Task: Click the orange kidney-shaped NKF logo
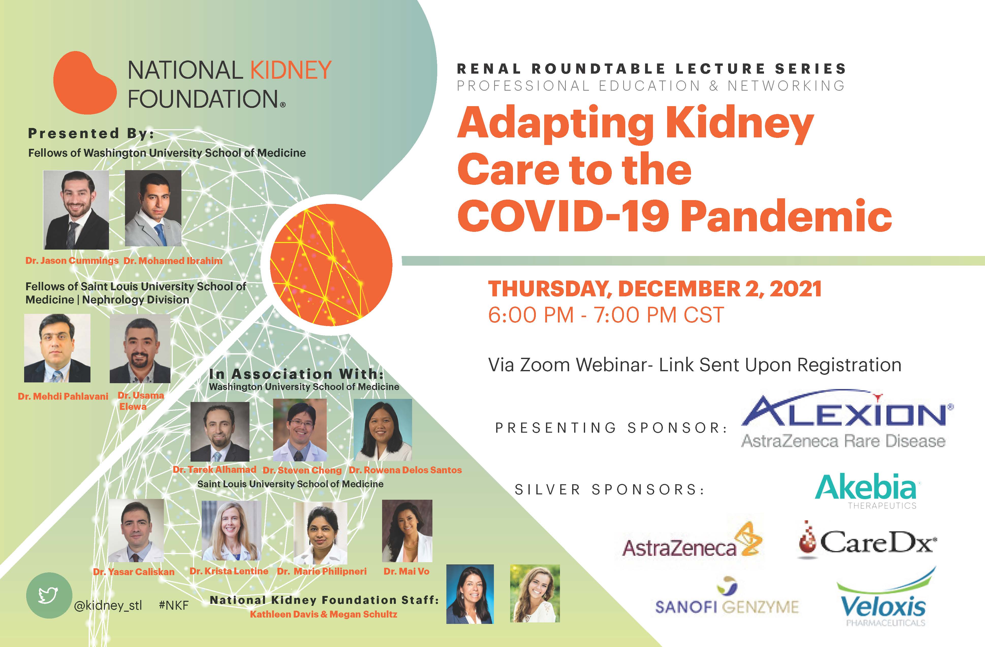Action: click(x=85, y=83)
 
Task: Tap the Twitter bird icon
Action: click(x=49, y=596)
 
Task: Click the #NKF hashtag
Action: click(x=174, y=605)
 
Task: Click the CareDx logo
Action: click(x=867, y=540)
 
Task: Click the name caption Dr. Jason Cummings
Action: click(x=72, y=261)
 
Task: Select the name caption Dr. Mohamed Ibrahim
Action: click(x=173, y=261)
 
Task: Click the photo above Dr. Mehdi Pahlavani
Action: click(x=57, y=348)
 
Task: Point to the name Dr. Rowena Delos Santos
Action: click(x=405, y=470)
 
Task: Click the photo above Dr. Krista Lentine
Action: click(x=231, y=530)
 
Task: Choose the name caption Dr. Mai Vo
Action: click(x=406, y=571)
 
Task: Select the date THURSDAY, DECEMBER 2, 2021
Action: click(x=655, y=289)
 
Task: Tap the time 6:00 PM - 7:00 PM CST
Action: click(x=606, y=315)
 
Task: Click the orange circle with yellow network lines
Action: click(x=331, y=265)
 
